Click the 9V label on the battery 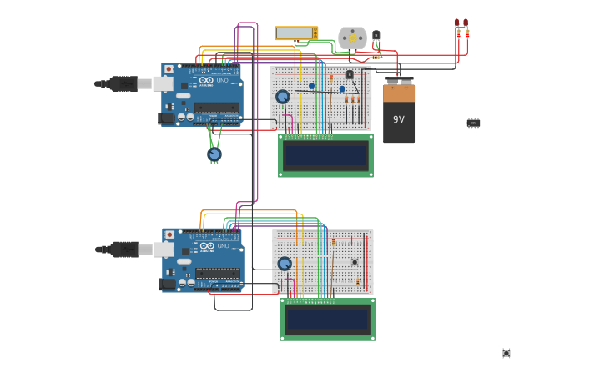(x=399, y=119)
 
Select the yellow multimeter (x=296, y=33)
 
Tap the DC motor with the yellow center (x=352, y=38)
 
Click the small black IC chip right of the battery (x=473, y=123)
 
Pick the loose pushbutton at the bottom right (x=507, y=353)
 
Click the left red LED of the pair (x=457, y=24)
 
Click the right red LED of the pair (x=466, y=24)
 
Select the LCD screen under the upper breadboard (x=325, y=155)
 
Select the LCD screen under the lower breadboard (x=327, y=320)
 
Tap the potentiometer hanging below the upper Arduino (x=214, y=154)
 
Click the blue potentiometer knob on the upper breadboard (x=283, y=97)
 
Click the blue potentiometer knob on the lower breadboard (x=285, y=264)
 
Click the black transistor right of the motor (x=376, y=36)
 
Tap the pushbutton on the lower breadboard (x=355, y=262)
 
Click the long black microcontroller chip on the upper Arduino (x=217, y=108)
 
